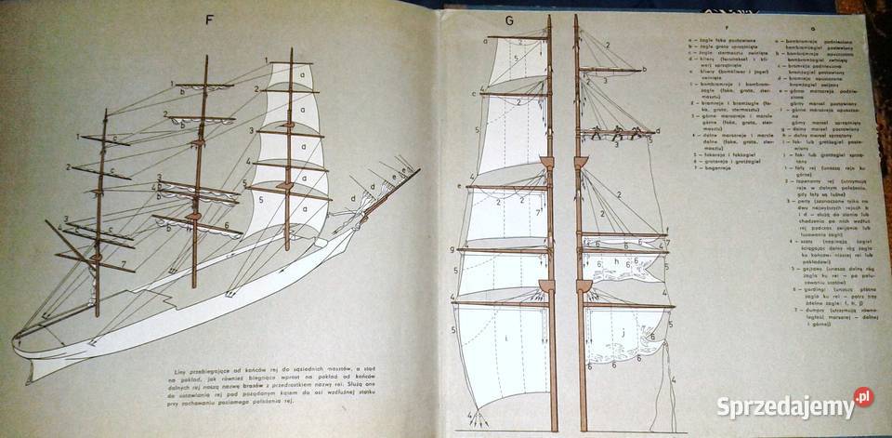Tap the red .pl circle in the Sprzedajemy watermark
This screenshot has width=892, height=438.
[x=863, y=397]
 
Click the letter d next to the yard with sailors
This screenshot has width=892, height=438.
[x=657, y=132]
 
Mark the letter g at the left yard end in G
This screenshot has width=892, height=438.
[x=450, y=249]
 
